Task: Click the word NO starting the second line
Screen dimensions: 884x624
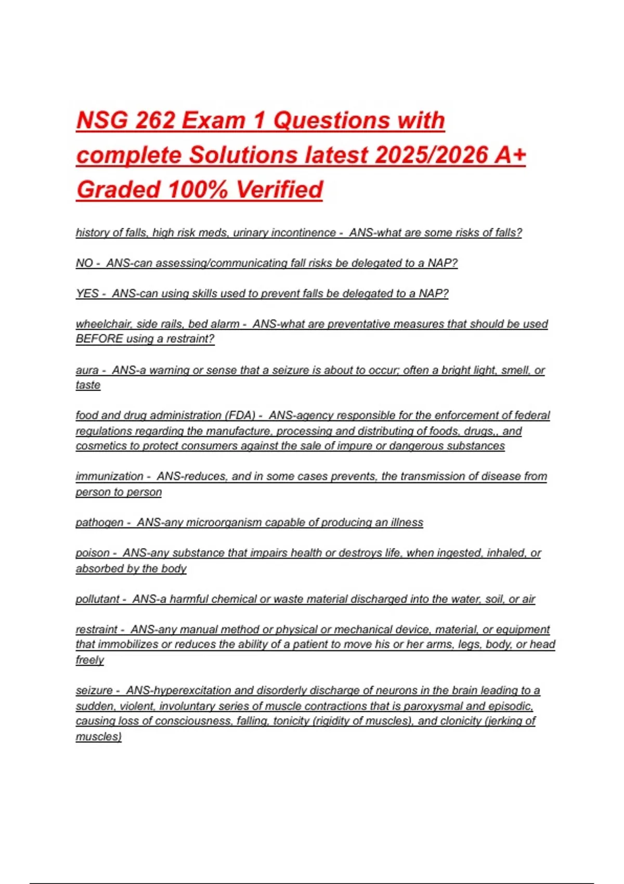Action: pyautogui.click(x=84, y=263)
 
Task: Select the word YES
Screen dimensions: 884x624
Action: pyautogui.click(x=87, y=293)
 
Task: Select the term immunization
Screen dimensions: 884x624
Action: pyautogui.click(x=109, y=476)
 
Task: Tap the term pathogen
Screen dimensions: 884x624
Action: pyautogui.click(x=99, y=522)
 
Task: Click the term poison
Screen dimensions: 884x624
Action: pyautogui.click(x=93, y=553)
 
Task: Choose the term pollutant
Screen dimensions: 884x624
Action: pyautogui.click(x=98, y=599)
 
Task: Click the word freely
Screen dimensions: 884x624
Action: pyautogui.click(x=89, y=660)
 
